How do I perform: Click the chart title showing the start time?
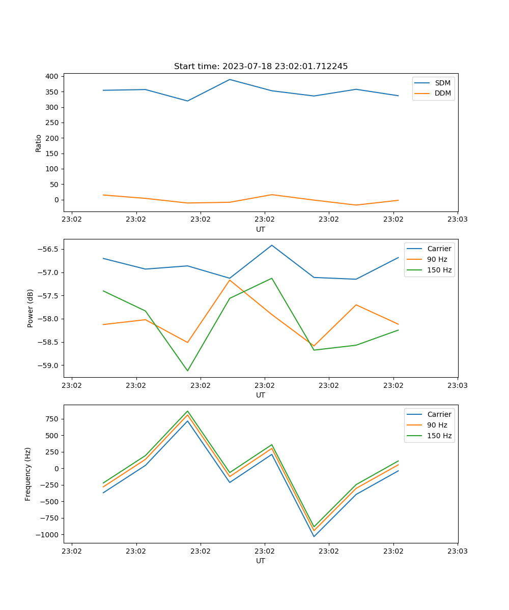coord(261,67)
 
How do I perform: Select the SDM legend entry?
coord(442,83)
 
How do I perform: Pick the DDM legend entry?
coord(442,93)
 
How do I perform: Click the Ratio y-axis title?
coord(39,143)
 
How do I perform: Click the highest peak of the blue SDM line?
coord(230,79)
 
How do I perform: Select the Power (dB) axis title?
coord(31,308)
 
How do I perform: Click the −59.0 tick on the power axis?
coord(48,365)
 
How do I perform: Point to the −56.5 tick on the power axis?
coord(48,249)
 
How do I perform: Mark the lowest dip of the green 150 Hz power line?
coord(187,371)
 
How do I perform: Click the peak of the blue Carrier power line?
coord(272,245)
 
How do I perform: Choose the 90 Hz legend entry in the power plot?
coord(437,259)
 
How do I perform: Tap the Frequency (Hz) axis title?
coord(29,474)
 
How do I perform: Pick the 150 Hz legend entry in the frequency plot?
coord(439,436)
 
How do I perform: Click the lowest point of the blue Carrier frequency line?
coord(314,536)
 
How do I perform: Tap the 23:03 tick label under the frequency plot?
coord(458,551)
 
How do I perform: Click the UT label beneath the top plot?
coord(261,229)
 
